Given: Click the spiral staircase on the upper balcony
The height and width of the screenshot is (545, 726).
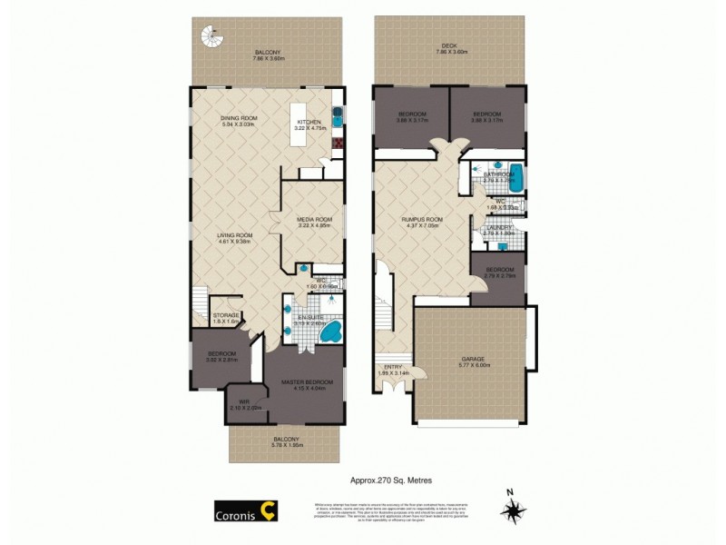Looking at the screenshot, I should [209, 35].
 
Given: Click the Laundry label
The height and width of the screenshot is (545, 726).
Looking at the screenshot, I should [499, 231].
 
